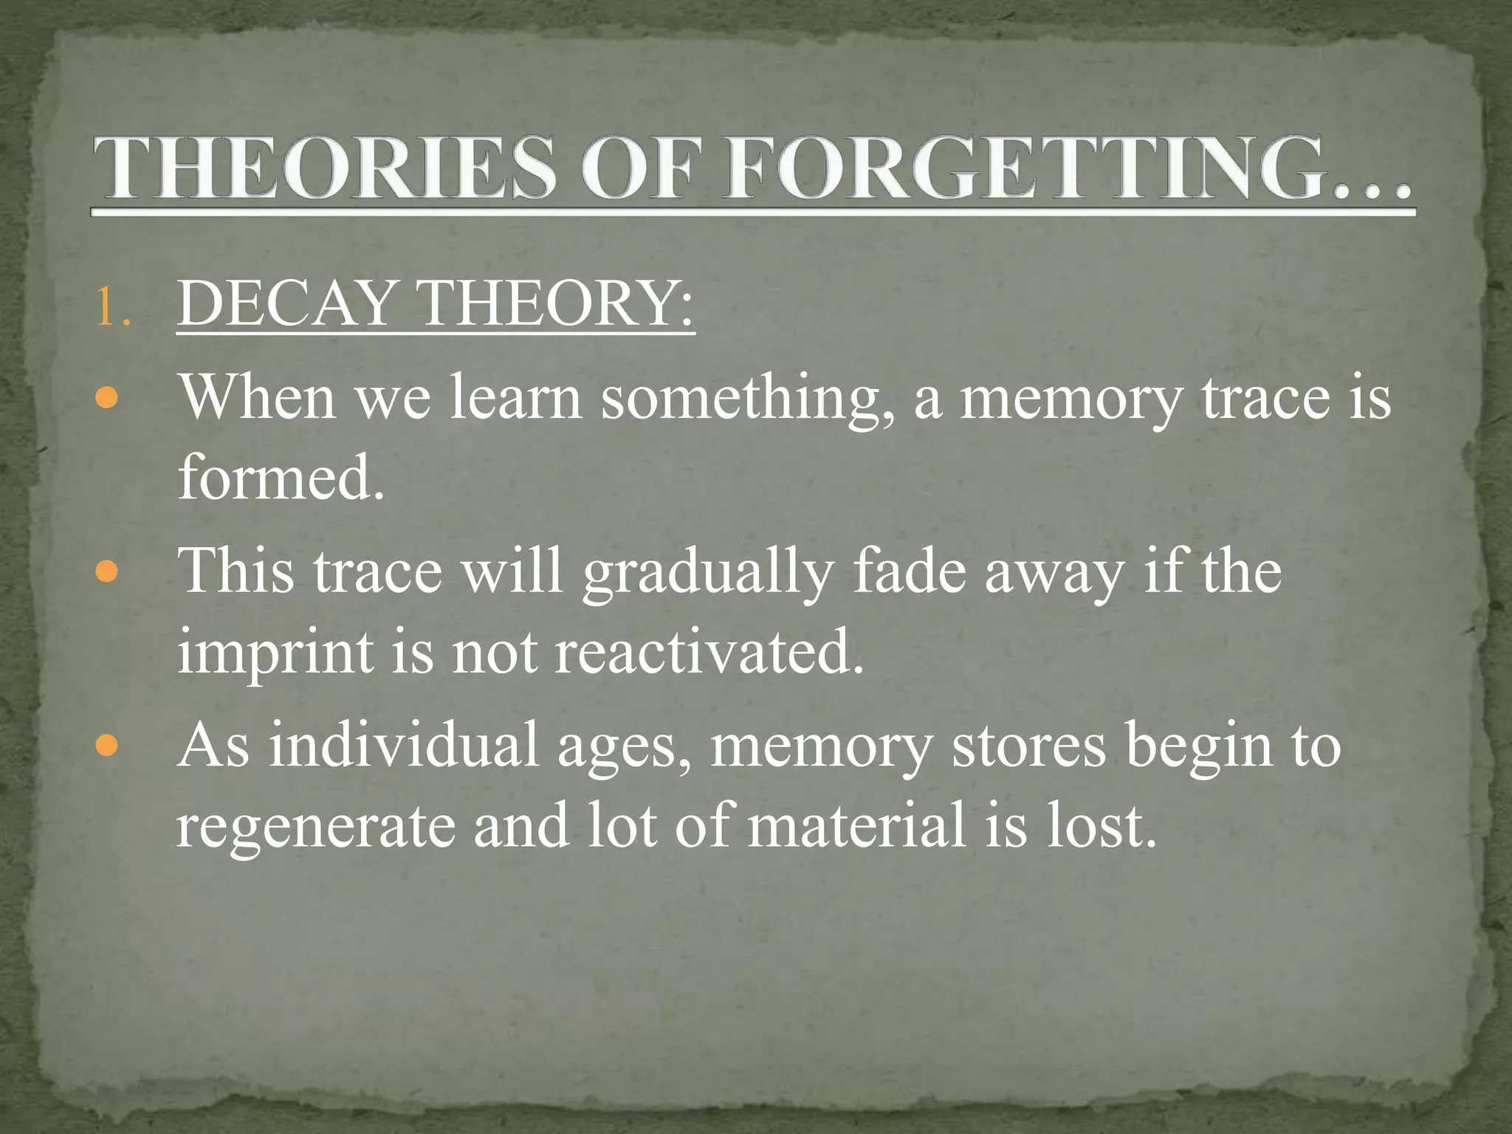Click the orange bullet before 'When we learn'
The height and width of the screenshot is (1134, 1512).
107,399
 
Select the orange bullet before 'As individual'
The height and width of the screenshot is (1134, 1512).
107,746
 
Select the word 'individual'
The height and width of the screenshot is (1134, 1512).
403,745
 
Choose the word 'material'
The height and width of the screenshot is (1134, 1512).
856,825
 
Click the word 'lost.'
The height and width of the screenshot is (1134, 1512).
1101,825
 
